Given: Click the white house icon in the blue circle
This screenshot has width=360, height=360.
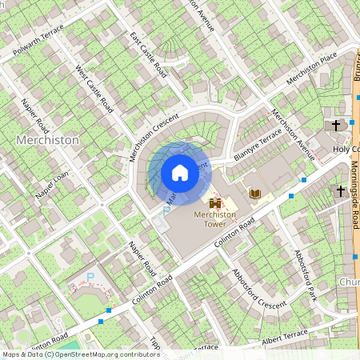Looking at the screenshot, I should [x=180, y=173].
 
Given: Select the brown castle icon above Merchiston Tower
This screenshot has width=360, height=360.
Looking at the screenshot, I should [x=214, y=203].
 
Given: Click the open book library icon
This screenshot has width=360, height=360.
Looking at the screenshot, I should [x=255, y=194].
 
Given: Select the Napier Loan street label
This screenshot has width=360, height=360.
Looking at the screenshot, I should [x=51, y=186].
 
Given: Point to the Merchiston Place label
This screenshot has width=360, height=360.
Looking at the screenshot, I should [x=312, y=70].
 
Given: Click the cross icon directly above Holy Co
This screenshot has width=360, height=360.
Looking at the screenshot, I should [x=336, y=126].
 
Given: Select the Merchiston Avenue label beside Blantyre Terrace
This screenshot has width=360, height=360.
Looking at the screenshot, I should [x=292, y=134].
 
